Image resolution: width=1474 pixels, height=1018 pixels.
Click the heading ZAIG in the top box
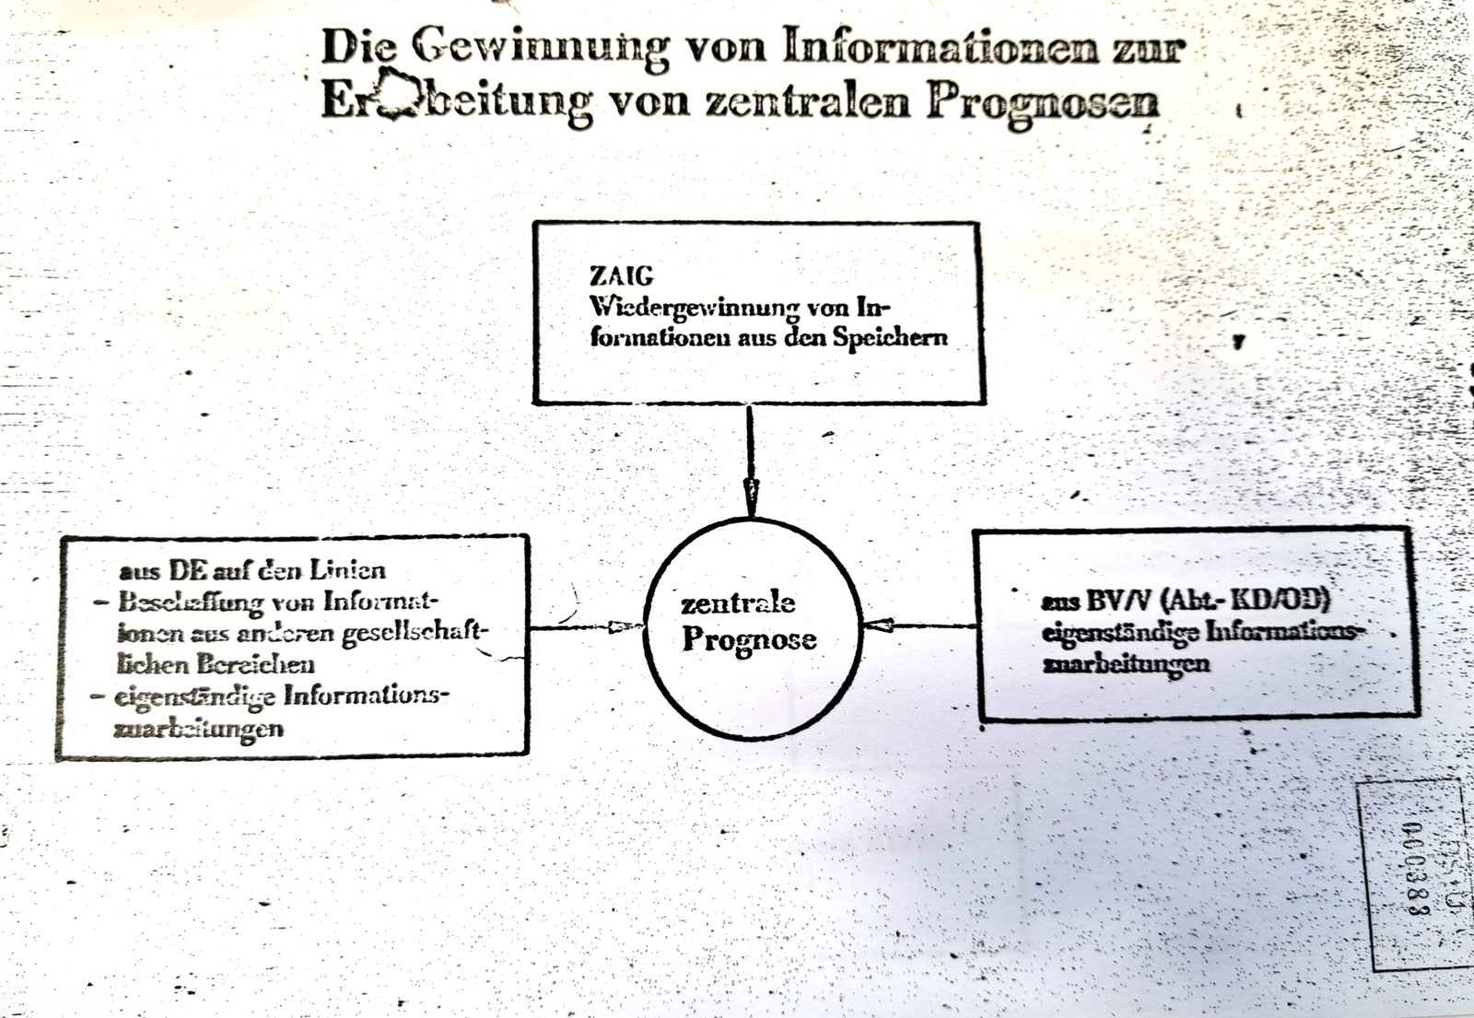coord(622,275)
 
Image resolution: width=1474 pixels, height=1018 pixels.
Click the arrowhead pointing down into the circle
coord(751,497)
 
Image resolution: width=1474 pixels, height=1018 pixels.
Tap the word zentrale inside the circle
coord(738,603)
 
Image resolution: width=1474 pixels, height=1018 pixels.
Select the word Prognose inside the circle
coord(749,639)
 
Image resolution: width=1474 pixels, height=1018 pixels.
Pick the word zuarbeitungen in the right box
coord(1126,663)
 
